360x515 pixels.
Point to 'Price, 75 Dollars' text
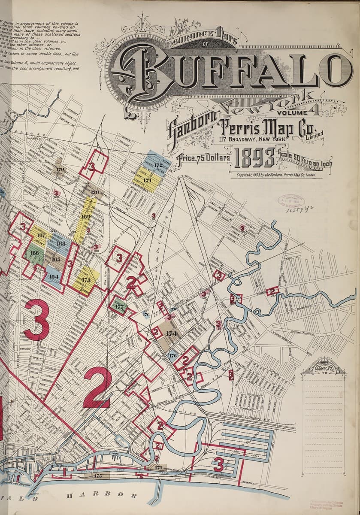click(206, 158)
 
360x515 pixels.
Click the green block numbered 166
click(34, 254)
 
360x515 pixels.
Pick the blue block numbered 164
click(53, 276)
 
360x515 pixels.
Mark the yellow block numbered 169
click(85, 217)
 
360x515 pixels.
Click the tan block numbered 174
click(171, 333)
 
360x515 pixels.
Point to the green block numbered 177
click(119, 306)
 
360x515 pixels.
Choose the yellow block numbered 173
click(86, 281)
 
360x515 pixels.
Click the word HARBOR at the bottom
click(102, 496)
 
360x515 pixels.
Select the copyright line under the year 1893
click(276, 175)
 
